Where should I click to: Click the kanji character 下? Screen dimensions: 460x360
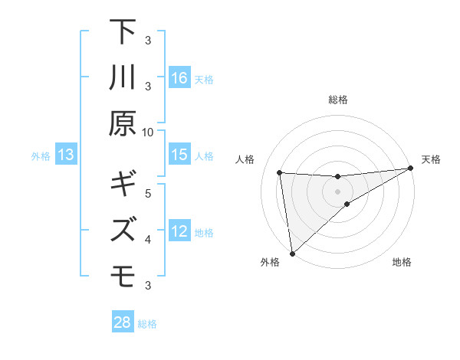(x=123, y=34)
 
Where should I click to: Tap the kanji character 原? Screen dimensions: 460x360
(x=123, y=123)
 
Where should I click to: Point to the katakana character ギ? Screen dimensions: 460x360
(x=123, y=184)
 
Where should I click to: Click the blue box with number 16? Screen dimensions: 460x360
(x=179, y=77)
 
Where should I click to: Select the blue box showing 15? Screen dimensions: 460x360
(x=179, y=155)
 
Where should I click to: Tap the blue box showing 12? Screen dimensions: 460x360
(x=179, y=231)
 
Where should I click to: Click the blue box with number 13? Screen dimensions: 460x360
(x=66, y=155)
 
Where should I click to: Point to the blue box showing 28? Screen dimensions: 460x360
(x=123, y=322)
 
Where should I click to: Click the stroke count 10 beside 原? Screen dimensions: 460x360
(x=148, y=132)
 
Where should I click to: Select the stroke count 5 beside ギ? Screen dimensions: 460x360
(x=148, y=192)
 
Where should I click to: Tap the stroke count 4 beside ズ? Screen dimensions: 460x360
(x=148, y=240)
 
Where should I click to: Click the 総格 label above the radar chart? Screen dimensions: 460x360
(x=338, y=100)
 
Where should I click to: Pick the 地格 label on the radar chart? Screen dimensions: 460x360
(x=402, y=263)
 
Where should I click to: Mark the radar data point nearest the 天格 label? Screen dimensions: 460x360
(x=411, y=169)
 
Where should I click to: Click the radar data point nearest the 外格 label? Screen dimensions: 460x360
(x=292, y=253)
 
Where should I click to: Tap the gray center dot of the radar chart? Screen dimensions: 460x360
(x=338, y=191)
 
